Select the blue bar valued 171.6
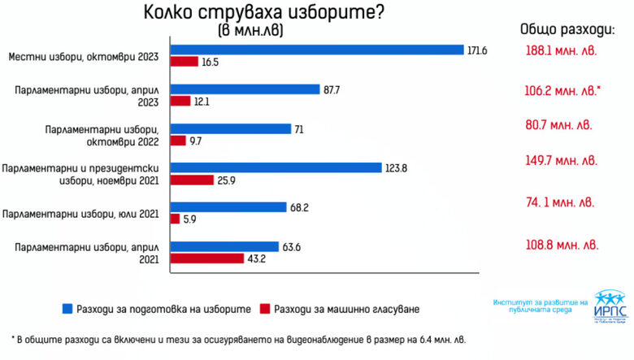tap(317, 50)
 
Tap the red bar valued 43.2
tap(207, 258)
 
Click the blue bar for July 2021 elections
tap(228, 206)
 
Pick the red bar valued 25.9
tap(192, 180)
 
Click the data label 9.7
tap(196, 140)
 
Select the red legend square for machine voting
tap(264, 309)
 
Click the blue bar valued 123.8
tap(276, 167)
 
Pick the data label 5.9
tap(189, 219)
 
